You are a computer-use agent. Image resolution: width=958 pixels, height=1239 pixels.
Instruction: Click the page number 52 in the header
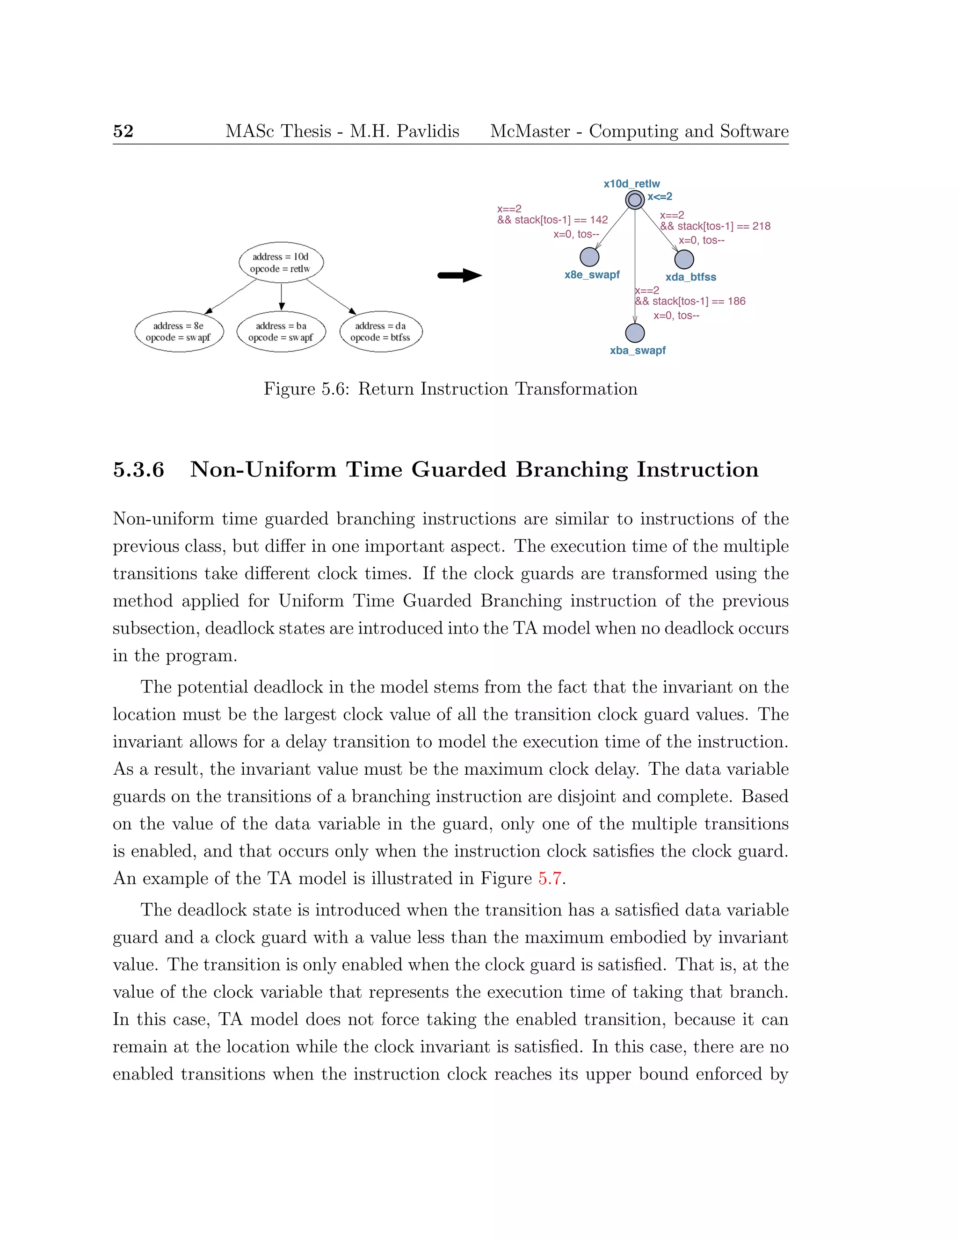coord(123,131)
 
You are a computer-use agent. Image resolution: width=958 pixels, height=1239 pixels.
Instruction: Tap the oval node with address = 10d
coord(281,263)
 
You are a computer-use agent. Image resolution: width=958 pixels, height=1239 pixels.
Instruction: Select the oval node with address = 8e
coord(179,331)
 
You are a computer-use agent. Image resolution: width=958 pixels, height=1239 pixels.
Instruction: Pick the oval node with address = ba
coord(281,331)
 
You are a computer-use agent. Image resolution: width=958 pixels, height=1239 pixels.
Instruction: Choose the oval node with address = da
coord(381,331)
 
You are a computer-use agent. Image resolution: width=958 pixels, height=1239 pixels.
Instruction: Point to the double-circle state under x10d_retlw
coord(634,200)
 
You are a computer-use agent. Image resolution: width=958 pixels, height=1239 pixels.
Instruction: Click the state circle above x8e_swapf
coord(590,257)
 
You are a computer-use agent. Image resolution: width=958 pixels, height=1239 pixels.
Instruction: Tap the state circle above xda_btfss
coord(684,259)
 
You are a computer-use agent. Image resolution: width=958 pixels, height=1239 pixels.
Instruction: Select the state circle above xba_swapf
coord(634,333)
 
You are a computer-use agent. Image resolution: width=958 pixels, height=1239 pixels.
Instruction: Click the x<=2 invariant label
coord(660,197)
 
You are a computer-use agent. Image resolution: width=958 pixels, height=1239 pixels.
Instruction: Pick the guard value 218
coord(761,226)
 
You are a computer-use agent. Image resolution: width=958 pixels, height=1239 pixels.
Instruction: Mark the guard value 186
coord(736,301)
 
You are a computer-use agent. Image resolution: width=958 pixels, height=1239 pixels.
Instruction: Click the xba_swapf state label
coord(638,351)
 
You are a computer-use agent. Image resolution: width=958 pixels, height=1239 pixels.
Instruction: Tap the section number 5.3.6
coord(138,470)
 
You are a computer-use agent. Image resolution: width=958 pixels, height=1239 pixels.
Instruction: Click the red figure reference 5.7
coord(549,878)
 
